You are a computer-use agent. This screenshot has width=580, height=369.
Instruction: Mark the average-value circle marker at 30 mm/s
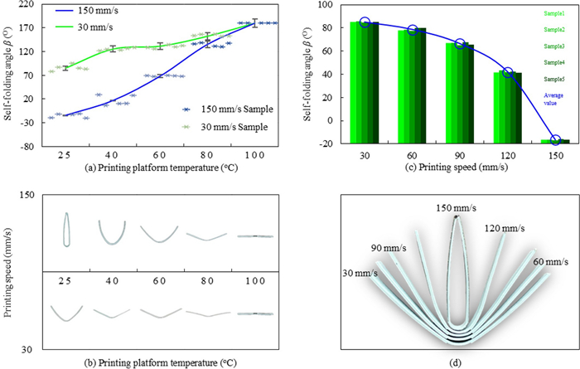pos(365,22)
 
